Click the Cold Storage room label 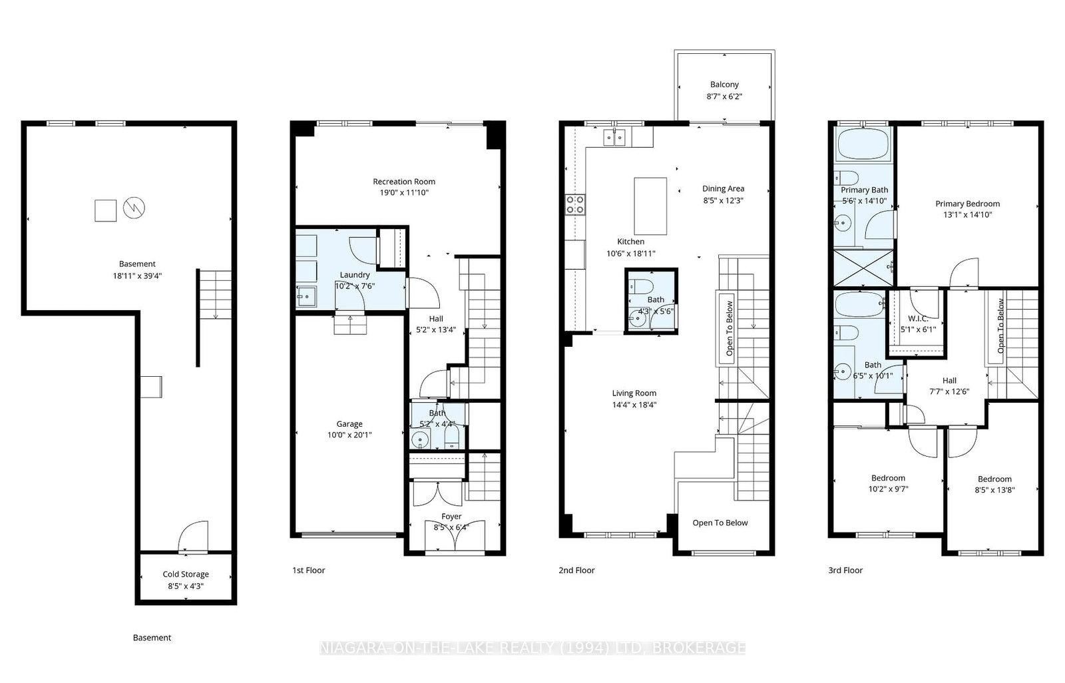point(186,574)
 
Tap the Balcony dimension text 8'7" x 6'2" point(724,96)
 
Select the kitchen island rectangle point(650,206)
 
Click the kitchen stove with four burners point(575,205)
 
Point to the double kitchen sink point(614,137)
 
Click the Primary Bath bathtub point(863,144)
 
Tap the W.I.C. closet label point(918,319)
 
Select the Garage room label point(349,424)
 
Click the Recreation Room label point(403,181)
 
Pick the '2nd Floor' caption point(576,570)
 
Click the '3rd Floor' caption point(845,570)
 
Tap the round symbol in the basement point(134,208)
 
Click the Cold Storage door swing point(193,537)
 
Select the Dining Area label point(723,189)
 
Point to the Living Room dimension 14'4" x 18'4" point(634,405)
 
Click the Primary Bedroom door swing point(964,272)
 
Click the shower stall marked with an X point(863,268)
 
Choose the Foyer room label point(451,516)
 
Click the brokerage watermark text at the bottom point(532,648)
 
